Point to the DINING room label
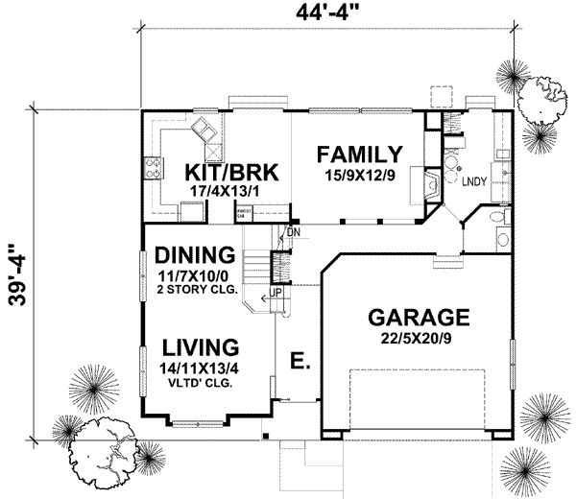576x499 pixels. [x=195, y=256]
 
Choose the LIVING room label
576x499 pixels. [x=200, y=346]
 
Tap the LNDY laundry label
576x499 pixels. [x=471, y=180]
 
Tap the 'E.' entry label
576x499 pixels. [x=299, y=363]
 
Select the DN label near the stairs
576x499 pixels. [x=293, y=231]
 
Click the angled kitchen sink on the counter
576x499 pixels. [x=205, y=130]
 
